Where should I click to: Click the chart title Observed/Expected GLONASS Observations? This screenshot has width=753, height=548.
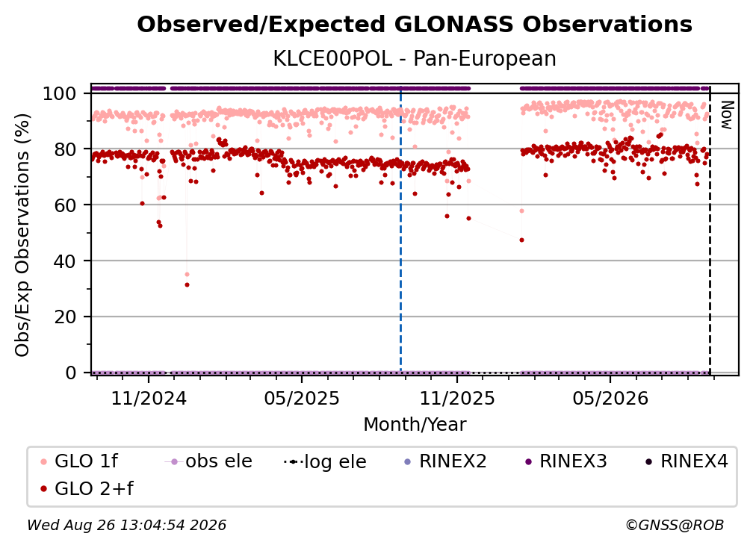click(x=415, y=25)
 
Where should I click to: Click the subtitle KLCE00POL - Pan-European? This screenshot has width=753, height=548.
click(x=415, y=59)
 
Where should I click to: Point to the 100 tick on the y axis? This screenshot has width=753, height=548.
click(x=60, y=93)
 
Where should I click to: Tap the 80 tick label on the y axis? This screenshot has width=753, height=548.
click(x=65, y=150)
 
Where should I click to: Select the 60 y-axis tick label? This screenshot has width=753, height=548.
click(x=65, y=205)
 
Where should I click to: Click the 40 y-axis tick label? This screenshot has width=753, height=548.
click(x=65, y=261)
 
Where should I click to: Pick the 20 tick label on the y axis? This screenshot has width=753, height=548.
click(x=65, y=317)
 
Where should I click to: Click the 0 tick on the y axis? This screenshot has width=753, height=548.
click(x=71, y=373)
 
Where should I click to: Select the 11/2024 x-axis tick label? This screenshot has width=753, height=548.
click(x=149, y=399)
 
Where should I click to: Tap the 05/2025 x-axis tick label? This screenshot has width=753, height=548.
click(x=302, y=399)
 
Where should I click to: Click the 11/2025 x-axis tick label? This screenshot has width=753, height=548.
click(x=457, y=399)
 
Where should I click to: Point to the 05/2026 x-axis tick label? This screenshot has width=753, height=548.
click(x=610, y=399)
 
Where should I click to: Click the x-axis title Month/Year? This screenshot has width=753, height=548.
click(x=415, y=425)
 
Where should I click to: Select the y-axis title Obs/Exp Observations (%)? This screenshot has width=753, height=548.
click(x=22, y=235)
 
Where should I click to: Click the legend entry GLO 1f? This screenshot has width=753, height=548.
click(x=79, y=461)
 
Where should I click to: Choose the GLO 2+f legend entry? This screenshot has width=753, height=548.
click(x=87, y=489)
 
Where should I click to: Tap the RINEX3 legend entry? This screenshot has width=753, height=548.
click(x=567, y=461)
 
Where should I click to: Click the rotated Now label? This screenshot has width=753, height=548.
click(x=727, y=115)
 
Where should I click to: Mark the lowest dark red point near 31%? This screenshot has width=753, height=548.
click(x=187, y=285)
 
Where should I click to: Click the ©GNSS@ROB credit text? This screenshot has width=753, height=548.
click(x=675, y=526)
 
